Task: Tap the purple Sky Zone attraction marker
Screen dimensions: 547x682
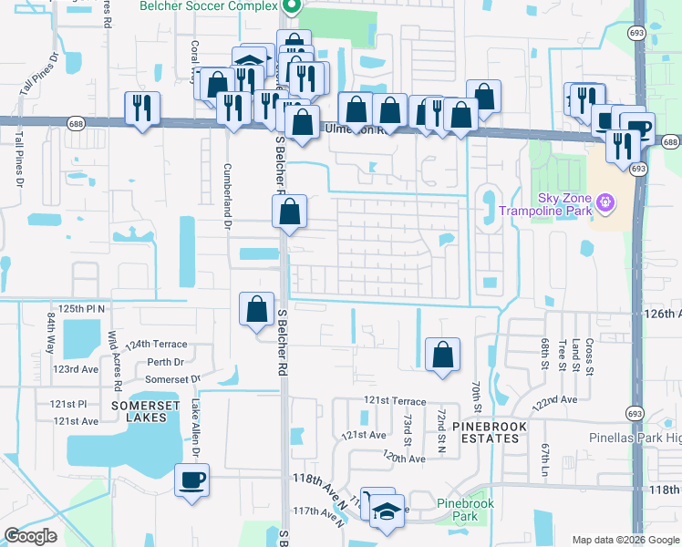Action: [x=603, y=200]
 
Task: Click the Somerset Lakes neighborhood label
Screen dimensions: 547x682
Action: [x=140, y=410]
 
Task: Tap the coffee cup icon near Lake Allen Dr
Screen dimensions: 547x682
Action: [x=191, y=480]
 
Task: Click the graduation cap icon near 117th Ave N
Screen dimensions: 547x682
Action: [x=387, y=509]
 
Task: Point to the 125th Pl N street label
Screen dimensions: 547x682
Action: [x=82, y=310]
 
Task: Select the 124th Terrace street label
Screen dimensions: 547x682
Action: [x=156, y=345]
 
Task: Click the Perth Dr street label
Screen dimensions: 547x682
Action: [x=165, y=362]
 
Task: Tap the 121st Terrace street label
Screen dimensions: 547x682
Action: [x=395, y=400]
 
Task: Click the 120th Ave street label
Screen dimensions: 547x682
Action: [x=404, y=458]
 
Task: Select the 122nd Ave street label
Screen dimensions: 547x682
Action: [x=557, y=400]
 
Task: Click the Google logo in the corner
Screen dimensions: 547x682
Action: [x=30, y=536]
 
